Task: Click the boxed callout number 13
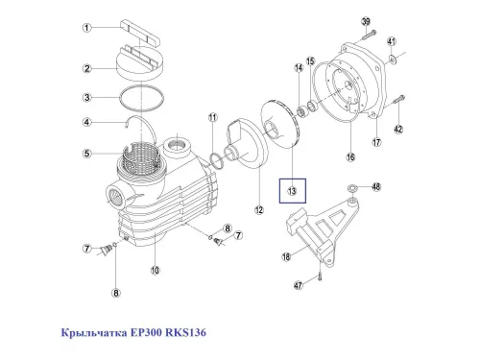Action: (292, 192)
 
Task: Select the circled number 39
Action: (366, 21)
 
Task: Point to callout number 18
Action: (285, 256)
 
